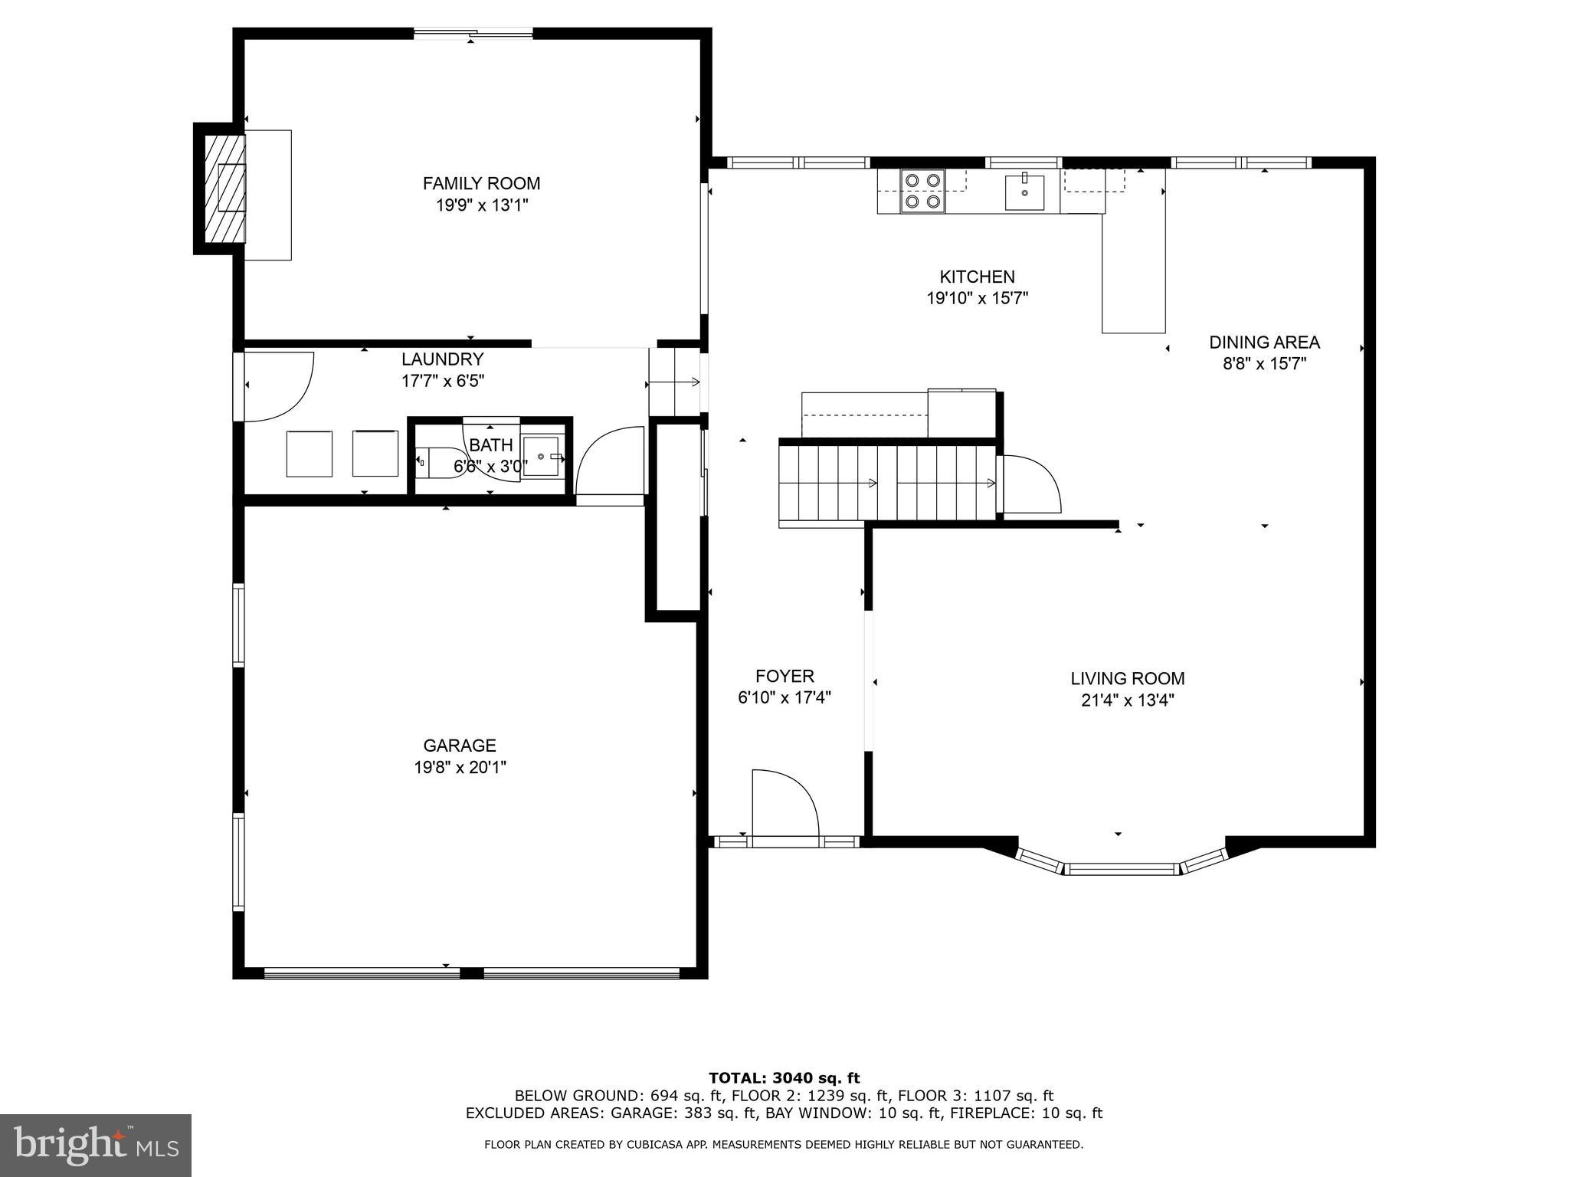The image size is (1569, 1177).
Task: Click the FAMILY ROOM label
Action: [481, 183]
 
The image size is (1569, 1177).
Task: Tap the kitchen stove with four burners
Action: [922, 191]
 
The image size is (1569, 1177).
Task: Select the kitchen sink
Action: [1024, 192]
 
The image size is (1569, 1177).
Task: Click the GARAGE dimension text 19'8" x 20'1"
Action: [460, 767]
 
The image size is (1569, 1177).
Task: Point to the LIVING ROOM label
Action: [1127, 678]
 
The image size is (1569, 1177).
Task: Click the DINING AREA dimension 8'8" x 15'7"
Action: [1263, 363]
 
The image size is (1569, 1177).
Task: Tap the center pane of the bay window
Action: [1122, 868]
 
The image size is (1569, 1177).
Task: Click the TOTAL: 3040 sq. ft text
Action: [784, 1078]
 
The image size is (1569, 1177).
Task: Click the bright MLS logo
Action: [96, 1145]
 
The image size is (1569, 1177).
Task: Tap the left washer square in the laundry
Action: [310, 454]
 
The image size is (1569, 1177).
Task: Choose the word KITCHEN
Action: [977, 277]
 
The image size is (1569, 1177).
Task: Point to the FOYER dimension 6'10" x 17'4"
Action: [784, 697]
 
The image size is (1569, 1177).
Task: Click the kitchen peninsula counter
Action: [1133, 272]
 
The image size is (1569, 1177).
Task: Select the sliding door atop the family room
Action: [473, 33]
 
